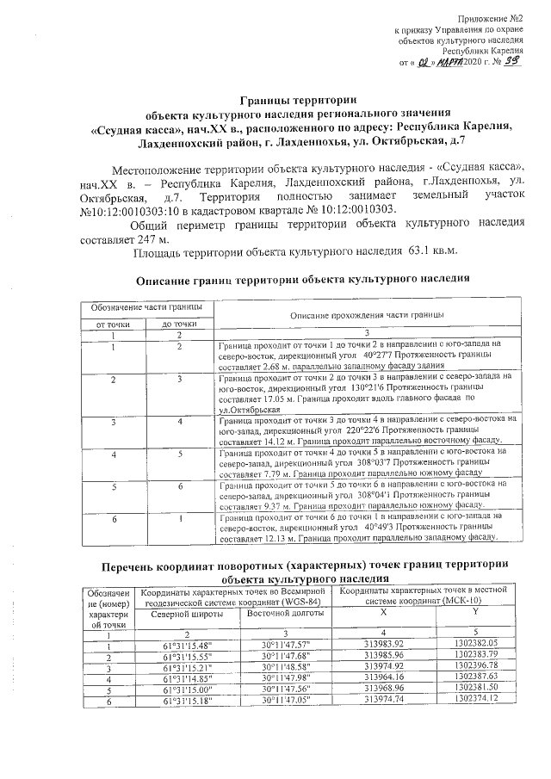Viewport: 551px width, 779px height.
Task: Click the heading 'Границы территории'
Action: tap(298, 100)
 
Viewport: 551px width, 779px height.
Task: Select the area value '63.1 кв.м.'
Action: tap(432, 252)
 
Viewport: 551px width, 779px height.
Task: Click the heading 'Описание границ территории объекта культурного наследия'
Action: tap(303, 281)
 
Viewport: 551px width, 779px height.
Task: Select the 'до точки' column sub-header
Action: tap(179, 323)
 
